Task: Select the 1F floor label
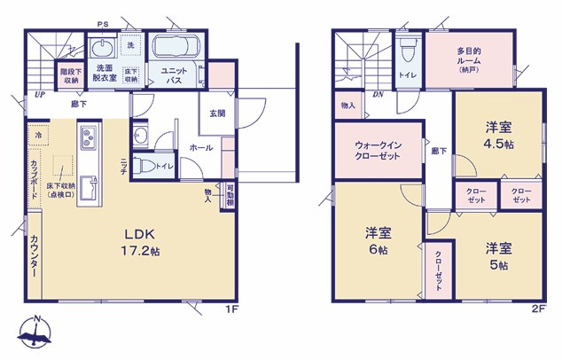point(232,309)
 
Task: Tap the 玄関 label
point(218,113)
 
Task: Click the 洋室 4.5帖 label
point(496,135)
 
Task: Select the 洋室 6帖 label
point(379,241)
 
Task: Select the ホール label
point(200,148)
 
